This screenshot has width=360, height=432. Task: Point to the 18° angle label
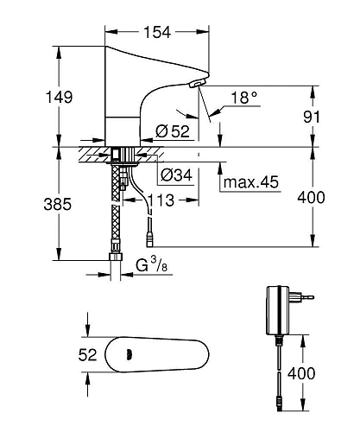244,100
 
